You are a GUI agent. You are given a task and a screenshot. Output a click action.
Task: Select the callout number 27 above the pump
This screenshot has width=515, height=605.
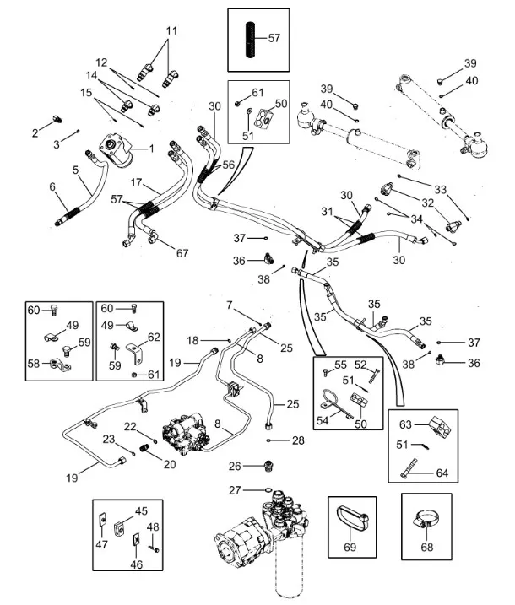[234, 490]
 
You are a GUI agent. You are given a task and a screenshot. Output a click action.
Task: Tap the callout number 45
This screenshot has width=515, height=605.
[141, 510]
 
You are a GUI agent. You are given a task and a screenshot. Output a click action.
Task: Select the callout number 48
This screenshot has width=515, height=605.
[154, 527]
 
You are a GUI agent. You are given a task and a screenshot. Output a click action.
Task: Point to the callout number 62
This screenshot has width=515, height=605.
[154, 336]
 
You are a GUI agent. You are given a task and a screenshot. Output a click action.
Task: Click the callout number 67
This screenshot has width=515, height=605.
[182, 252]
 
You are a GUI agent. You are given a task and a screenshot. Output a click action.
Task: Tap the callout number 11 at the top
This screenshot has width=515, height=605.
[171, 31]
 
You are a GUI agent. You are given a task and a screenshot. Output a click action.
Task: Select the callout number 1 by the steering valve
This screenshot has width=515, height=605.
[151, 149]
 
